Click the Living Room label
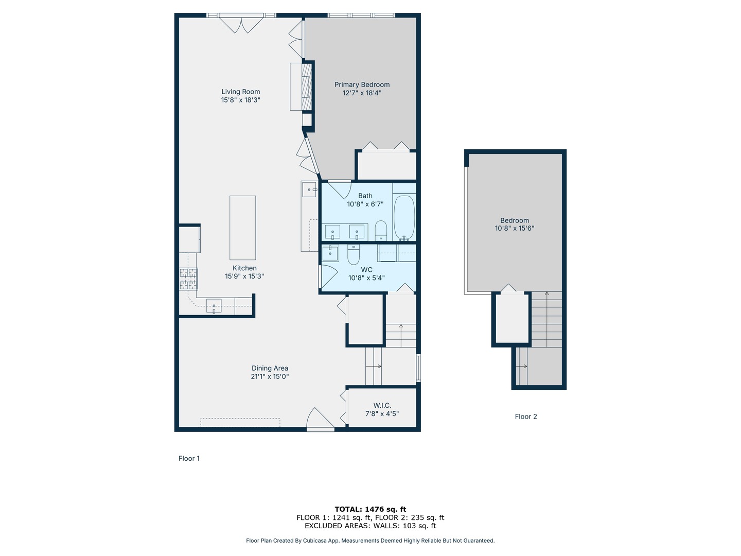240,92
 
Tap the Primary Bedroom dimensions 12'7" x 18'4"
362,93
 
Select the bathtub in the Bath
404,217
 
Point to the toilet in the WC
354,254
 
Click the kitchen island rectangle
242,228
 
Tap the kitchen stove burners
188,279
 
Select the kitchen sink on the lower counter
214,306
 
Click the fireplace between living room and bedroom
306,86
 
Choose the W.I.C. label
382,405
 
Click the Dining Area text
270,368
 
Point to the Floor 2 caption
525,416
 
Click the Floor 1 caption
189,458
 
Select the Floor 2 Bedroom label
514,220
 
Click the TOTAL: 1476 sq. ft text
370,509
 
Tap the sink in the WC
330,253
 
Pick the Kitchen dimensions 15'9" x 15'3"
244,276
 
